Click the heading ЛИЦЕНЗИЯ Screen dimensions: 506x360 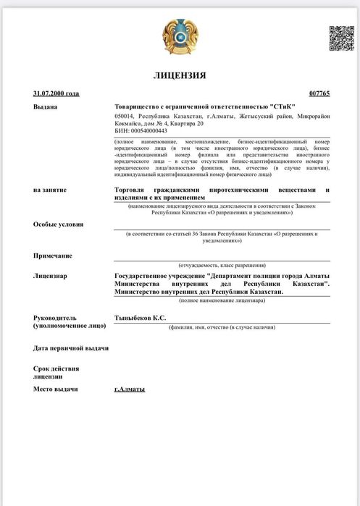pyautogui.click(x=180, y=75)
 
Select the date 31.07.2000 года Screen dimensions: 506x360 pyautogui.click(x=56, y=93)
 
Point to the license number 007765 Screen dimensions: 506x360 pyautogui.click(x=319, y=93)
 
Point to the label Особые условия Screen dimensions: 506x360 pyautogui.click(x=58, y=224)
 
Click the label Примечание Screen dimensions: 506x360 pyautogui.click(x=53, y=256)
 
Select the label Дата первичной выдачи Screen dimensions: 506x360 pyautogui.click(x=71, y=348)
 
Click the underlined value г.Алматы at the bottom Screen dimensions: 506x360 pyautogui.click(x=130, y=389)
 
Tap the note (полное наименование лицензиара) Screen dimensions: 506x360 pyautogui.click(x=222, y=299)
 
